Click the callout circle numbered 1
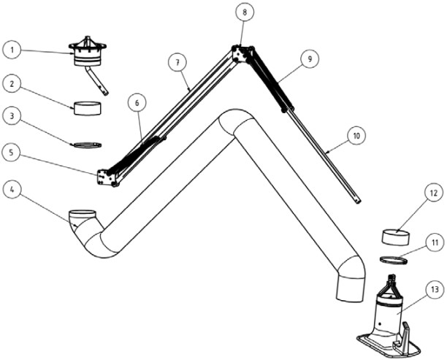12,50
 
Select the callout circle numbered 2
12,84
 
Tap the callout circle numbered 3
12,116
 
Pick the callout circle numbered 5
11,153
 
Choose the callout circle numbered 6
137,103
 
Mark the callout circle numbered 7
177,62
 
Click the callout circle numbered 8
245,12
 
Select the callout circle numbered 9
310,58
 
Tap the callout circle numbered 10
356,136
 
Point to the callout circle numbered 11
435,242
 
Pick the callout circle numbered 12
433,193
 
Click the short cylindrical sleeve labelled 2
87,108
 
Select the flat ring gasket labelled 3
87,145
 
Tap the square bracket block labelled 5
106,177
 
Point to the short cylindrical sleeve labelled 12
396,237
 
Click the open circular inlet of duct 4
83,214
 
